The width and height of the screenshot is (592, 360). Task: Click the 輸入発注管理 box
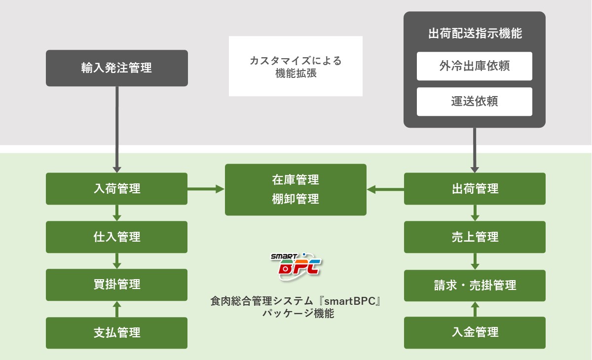pos(116,68)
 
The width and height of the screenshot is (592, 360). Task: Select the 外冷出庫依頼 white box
pos(474,66)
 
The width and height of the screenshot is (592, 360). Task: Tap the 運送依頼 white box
pos(474,102)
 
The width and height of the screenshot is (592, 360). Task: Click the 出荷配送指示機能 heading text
pos(475,34)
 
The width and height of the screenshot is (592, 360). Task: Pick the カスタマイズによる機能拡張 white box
pos(296,66)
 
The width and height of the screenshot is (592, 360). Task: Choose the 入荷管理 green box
pos(116,188)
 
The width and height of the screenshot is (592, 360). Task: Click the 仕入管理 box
pos(116,237)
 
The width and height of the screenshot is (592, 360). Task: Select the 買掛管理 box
pos(116,285)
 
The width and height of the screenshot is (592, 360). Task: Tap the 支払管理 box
pos(116,332)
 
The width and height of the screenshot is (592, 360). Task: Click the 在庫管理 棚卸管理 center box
pos(296,189)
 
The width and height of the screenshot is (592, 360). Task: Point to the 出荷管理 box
pos(475,188)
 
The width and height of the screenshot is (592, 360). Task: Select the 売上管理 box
pos(475,237)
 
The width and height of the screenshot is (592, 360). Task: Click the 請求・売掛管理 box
pos(475,285)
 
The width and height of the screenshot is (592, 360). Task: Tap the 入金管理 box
pos(475,332)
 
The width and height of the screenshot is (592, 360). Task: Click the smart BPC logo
pos(296,266)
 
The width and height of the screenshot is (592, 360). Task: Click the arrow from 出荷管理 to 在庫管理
pos(385,188)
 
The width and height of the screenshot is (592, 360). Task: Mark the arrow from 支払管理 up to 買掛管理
pos(117,309)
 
